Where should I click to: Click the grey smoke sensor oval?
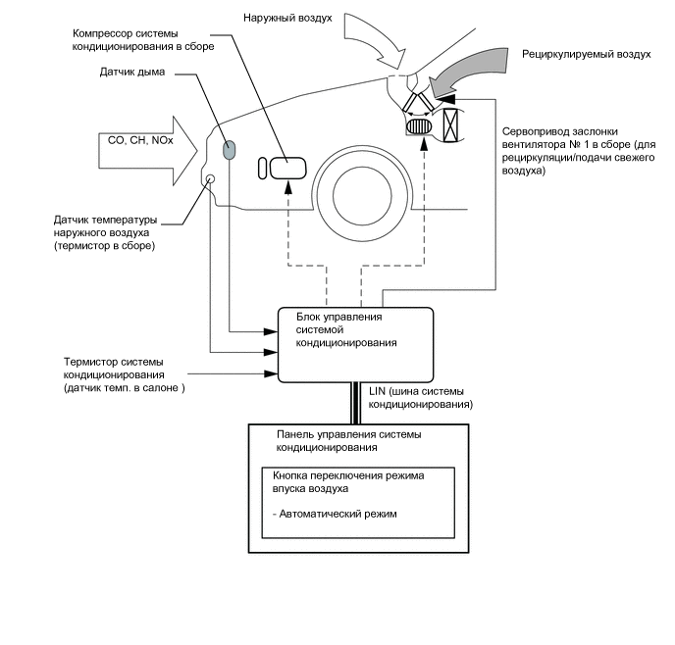coord(229,150)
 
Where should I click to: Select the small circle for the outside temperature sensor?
coord(211,178)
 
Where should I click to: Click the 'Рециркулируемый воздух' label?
coord(586,55)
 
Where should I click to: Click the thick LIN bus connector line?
coord(358,402)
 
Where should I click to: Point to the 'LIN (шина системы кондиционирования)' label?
coord(422,397)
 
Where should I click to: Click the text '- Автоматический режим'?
coord(335,515)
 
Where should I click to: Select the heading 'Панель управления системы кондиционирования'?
coord(349,440)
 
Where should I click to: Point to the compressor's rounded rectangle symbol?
coord(288,167)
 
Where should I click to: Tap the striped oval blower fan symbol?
coord(420,127)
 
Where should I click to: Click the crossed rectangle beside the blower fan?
coord(452,126)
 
